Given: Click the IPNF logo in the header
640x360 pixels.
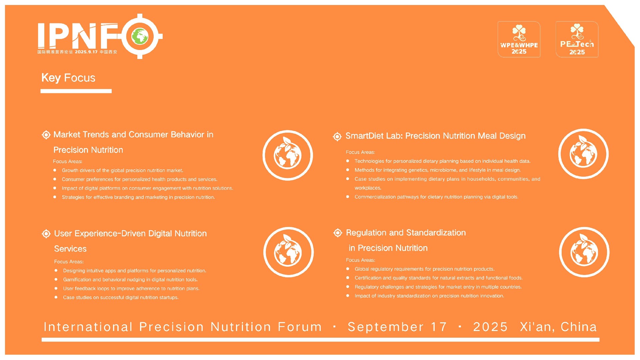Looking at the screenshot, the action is click(100, 36).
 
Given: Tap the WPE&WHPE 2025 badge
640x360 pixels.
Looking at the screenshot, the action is click(519, 39).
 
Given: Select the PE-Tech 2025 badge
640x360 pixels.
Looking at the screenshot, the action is click(577, 39).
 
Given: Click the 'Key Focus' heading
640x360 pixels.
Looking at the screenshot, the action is click(68, 78).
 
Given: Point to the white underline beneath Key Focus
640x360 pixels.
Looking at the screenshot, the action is click(76, 91).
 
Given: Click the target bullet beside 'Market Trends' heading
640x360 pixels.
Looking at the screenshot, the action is click(46, 135).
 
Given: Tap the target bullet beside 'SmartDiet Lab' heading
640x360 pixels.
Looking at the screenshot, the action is click(337, 136).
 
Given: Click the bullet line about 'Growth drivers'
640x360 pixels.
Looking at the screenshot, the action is click(123, 170).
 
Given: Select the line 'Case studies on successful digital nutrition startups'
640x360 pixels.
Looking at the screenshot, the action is click(121, 297).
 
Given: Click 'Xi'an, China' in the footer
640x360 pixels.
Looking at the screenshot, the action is click(558, 327).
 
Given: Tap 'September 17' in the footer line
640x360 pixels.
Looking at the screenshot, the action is click(397, 327).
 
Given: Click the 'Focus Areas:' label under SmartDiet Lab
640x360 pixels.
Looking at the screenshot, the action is click(360, 152).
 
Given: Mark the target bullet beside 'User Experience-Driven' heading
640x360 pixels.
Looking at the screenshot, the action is click(46, 234).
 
